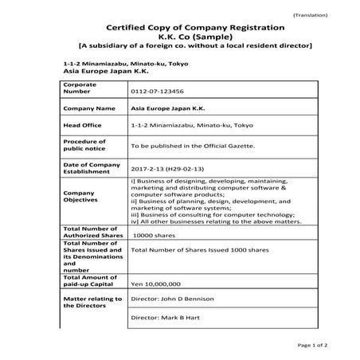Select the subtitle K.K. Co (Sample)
[179, 39]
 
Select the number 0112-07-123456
[156, 91]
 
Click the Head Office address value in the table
[179, 126]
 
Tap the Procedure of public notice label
[84, 144]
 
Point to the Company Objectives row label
[80, 197]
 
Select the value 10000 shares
[153, 237]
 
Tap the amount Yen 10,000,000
[156, 284]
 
